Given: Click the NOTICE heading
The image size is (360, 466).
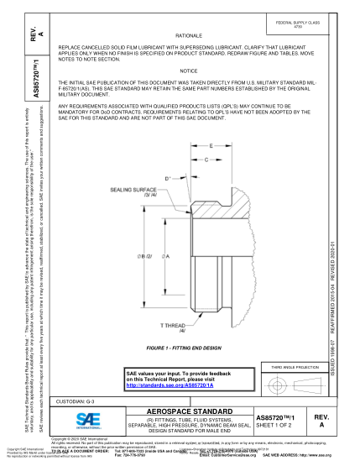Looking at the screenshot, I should (188, 71).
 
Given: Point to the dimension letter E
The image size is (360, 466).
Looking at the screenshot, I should (211, 145).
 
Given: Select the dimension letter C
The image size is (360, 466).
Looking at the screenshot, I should (206, 158).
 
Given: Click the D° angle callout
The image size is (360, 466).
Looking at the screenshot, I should (168, 178).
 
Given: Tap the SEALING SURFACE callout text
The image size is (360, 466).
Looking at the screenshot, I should (131, 191).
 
